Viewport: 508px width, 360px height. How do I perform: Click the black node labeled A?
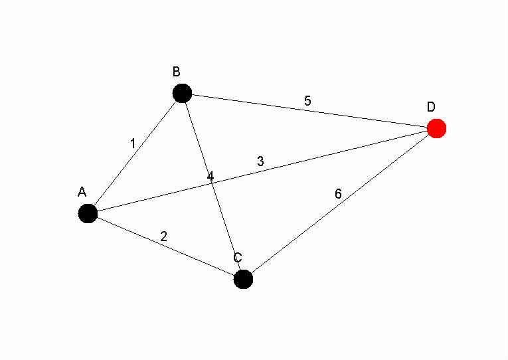88,213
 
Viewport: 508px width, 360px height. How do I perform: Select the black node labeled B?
182,93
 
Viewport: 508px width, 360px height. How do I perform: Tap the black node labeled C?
243,280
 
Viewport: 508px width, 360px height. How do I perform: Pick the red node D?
436,128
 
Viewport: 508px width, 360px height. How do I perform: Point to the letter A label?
82,192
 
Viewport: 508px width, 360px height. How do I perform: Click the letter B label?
176,72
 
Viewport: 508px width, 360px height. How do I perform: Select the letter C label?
238,258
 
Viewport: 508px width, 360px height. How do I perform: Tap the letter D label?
431,107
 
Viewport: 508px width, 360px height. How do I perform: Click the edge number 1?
133,143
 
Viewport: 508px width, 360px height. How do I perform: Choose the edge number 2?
163,236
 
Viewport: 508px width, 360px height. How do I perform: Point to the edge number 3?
260,161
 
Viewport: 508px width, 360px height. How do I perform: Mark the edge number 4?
210,177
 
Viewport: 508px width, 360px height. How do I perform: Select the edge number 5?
307,101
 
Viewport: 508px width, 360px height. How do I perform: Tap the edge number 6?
338,194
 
